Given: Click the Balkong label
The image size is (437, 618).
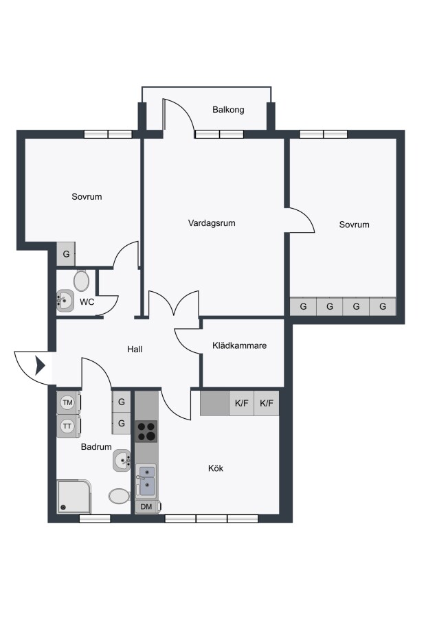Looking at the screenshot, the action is point(228,110).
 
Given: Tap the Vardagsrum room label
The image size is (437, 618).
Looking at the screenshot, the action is point(212,223).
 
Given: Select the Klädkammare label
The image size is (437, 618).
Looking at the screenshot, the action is point(239,345).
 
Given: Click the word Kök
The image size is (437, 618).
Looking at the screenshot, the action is point(216,468).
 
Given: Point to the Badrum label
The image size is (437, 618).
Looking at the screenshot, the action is point(96,447).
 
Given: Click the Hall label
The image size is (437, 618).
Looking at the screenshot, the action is point(135,350).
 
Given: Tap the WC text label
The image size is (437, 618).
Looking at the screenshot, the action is point(87,302).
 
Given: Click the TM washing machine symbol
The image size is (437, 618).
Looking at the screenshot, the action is point(69,402).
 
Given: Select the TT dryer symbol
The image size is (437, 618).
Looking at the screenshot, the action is point(69,426).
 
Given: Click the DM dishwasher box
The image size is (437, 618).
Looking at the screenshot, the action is point(148,507).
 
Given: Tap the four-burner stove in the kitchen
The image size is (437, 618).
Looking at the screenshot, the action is point(146,431).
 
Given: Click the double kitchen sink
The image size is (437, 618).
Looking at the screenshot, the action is point(146,481).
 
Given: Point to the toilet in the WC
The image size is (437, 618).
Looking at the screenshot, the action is point(81,281).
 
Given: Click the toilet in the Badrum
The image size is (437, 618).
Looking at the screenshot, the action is point(119,496).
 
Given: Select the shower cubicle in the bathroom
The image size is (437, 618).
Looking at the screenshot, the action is point(74,496).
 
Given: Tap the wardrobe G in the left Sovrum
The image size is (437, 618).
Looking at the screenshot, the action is point(66,254).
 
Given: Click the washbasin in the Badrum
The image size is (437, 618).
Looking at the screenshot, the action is point(122,460).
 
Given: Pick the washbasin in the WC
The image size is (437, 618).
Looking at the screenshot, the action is point(65,301).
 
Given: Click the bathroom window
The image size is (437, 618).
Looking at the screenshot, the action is point(95,518).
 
